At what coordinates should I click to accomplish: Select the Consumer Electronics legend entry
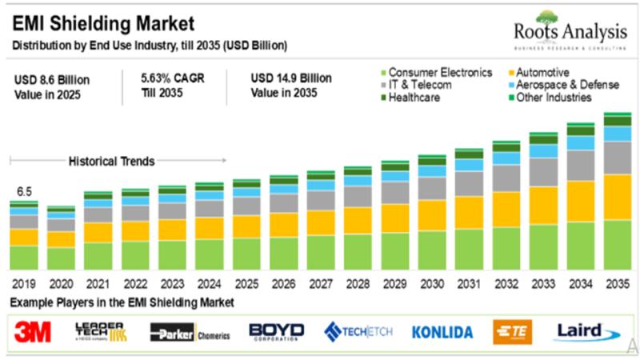pos(440,72)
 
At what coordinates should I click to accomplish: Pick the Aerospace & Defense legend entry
pos(568,85)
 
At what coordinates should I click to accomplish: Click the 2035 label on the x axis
pos(618,283)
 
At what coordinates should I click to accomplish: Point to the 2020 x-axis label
pos(62,283)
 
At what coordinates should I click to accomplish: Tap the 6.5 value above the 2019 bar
pos(24,192)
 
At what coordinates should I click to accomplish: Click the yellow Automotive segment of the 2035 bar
pos(618,197)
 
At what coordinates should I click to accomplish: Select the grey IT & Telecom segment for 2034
pos(581,165)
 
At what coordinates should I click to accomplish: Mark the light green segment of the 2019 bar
pos(24,257)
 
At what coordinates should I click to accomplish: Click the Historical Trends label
pos(111,161)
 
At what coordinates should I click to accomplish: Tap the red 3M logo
pos(33,330)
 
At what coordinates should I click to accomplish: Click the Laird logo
pos(580,330)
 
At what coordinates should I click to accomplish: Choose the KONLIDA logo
pos(442,331)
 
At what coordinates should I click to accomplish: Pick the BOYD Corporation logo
pos(277,331)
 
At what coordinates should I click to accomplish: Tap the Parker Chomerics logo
pos(190,331)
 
